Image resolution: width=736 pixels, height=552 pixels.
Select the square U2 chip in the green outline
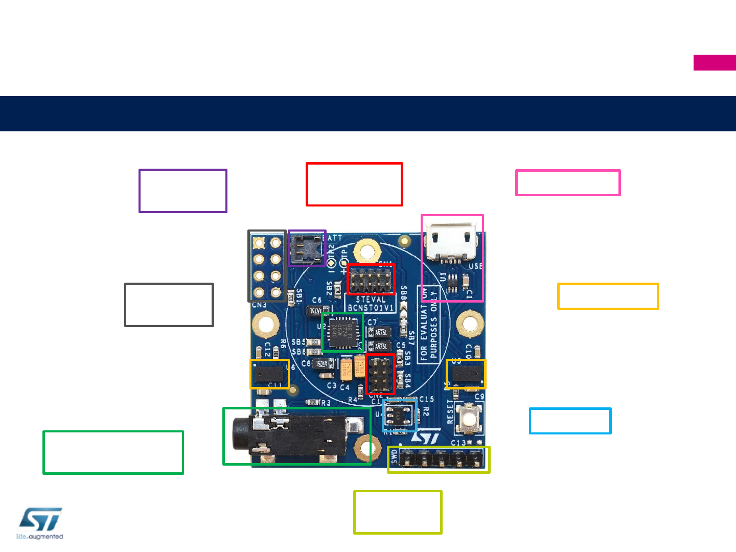point(342,332)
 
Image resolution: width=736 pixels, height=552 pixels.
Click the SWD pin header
point(438,459)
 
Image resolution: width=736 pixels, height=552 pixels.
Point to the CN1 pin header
point(371,280)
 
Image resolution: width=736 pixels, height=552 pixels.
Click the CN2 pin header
point(380,375)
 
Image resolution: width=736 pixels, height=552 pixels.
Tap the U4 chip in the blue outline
point(398,415)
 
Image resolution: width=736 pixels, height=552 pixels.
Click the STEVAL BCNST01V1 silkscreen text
point(371,304)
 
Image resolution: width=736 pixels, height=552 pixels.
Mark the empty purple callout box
point(183,191)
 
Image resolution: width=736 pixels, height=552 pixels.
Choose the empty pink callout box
point(568,183)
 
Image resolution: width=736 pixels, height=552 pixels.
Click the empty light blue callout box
point(570,421)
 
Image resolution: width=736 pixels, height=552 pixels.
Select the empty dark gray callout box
point(169,305)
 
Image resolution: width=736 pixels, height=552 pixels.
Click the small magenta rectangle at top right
point(715,62)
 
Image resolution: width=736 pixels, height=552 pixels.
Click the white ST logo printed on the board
point(425,438)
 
